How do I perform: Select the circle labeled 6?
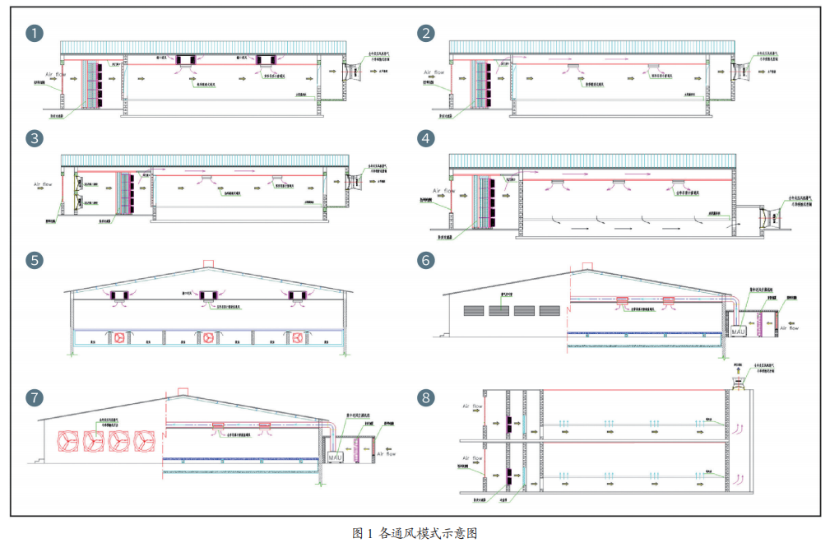425,260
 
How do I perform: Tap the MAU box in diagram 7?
336,455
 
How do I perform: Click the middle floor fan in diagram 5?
207,337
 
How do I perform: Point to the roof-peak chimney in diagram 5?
208,264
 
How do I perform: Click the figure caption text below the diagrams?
415,532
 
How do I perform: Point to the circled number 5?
35,260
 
